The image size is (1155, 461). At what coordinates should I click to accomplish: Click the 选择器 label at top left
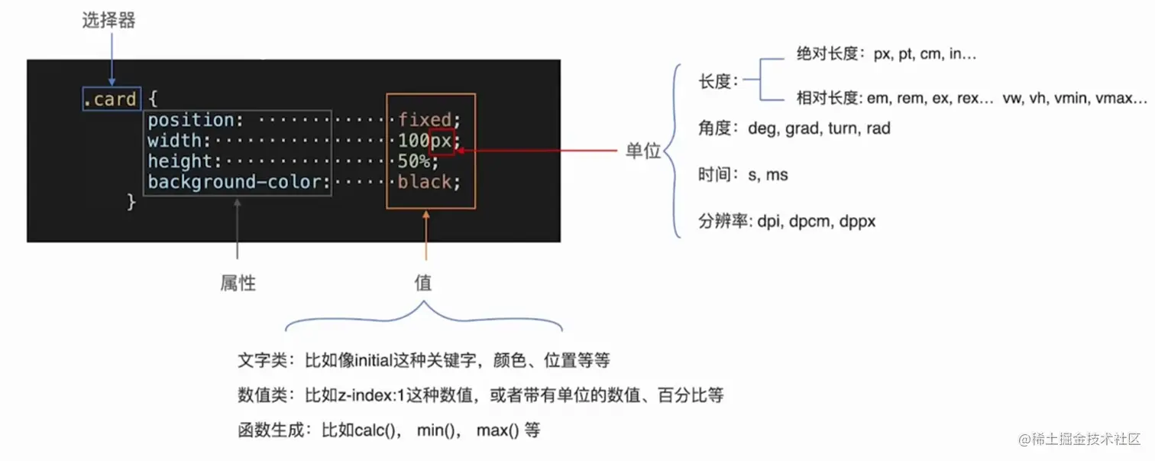pyautogui.click(x=108, y=21)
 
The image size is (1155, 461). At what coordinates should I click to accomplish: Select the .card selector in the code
pyautogui.click(x=111, y=99)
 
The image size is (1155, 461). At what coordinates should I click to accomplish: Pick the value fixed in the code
pyautogui.click(x=425, y=120)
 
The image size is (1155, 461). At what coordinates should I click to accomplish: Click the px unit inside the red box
pyautogui.click(x=442, y=141)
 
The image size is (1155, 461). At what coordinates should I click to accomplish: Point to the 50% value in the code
pyautogui.click(x=413, y=161)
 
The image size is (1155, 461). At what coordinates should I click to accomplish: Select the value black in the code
pyautogui.click(x=425, y=182)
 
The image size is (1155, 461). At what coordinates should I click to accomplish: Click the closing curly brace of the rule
pyautogui.click(x=131, y=202)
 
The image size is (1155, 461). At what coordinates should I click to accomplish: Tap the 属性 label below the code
pyautogui.click(x=238, y=283)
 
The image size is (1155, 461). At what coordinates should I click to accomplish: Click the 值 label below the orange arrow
pyautogui.click(x=423, y=283)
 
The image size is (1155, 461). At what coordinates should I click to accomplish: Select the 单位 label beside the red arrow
pyautogui.click(x=642, y=151)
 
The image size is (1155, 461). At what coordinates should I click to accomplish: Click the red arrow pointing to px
pyautogui.click(x=535, y=151)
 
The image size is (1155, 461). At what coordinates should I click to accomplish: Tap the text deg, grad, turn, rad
pyautogui.click(x=819, y=128)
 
